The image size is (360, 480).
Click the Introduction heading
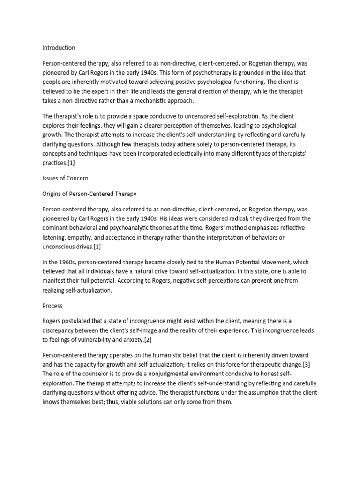[x=59, y=48]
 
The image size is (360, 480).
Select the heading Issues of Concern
[x=65, y=179]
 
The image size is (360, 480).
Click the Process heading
[x=52, y=306]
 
